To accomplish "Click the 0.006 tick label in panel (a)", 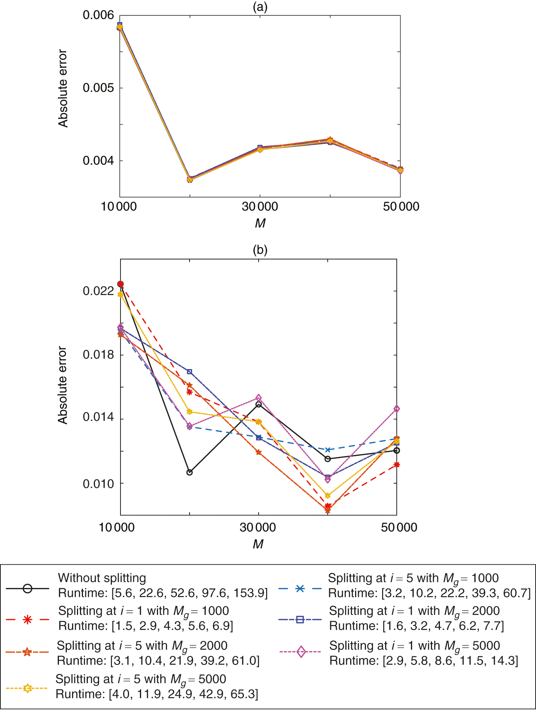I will coord(98,15).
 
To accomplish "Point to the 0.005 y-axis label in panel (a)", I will coord(98,88).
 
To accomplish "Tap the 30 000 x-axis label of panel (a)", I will coord(260,207).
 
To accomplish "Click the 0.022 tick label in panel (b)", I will coord(98,291).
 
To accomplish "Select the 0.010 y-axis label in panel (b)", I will coord(98,484).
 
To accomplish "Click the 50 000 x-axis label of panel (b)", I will coord(399,528).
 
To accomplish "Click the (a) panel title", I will coord(260,7).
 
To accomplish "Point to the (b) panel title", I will coord(260,250).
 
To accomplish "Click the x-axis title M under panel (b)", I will coord(258,544).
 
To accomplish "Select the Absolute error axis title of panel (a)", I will coord(63,89).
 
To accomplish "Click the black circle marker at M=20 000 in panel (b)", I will coord(190,472).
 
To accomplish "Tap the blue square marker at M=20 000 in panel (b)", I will coord(190,372).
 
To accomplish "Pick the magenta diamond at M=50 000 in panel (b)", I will coord(397,409).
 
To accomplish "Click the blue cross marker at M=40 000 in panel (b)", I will coord(328,450).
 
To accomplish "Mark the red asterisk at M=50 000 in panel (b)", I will coord(397,465).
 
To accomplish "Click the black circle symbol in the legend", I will coord(27,588).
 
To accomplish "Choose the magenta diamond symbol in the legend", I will coord(301,652).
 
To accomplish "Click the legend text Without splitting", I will coord(102,578).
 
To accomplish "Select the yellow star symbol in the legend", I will coord(27,688).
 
